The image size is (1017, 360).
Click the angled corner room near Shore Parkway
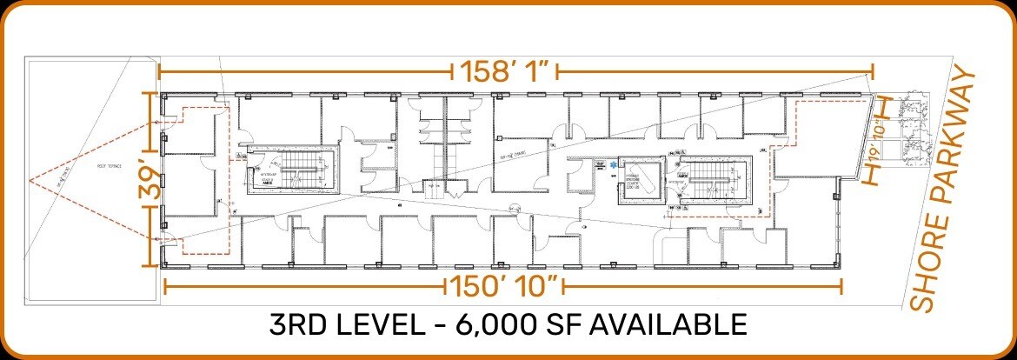821,139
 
